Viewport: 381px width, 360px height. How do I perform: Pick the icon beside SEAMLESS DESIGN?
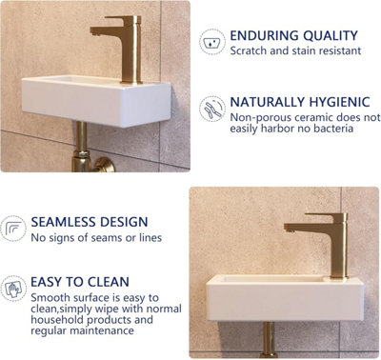pos(13,229)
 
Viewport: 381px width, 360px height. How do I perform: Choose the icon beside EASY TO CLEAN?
pos(13,287)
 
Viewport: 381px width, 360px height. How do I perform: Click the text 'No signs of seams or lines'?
pos(96,237)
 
